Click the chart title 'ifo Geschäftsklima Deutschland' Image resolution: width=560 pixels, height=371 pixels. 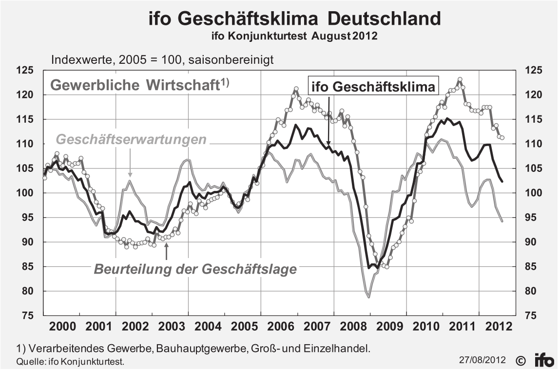click(x=294, y=19)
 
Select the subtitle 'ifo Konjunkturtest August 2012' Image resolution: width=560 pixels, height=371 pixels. click(x=294, y=36)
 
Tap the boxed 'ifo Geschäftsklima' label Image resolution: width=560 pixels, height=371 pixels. click(x=373, y=87)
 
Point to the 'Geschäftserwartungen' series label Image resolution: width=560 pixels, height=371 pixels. click(x=131, y=140)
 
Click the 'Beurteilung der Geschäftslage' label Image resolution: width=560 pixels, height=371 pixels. click(x=195, y=269)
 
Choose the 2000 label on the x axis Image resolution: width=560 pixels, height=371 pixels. click(x=62, y=326)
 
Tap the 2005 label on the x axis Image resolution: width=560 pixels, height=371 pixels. click(x=243, y=326)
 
